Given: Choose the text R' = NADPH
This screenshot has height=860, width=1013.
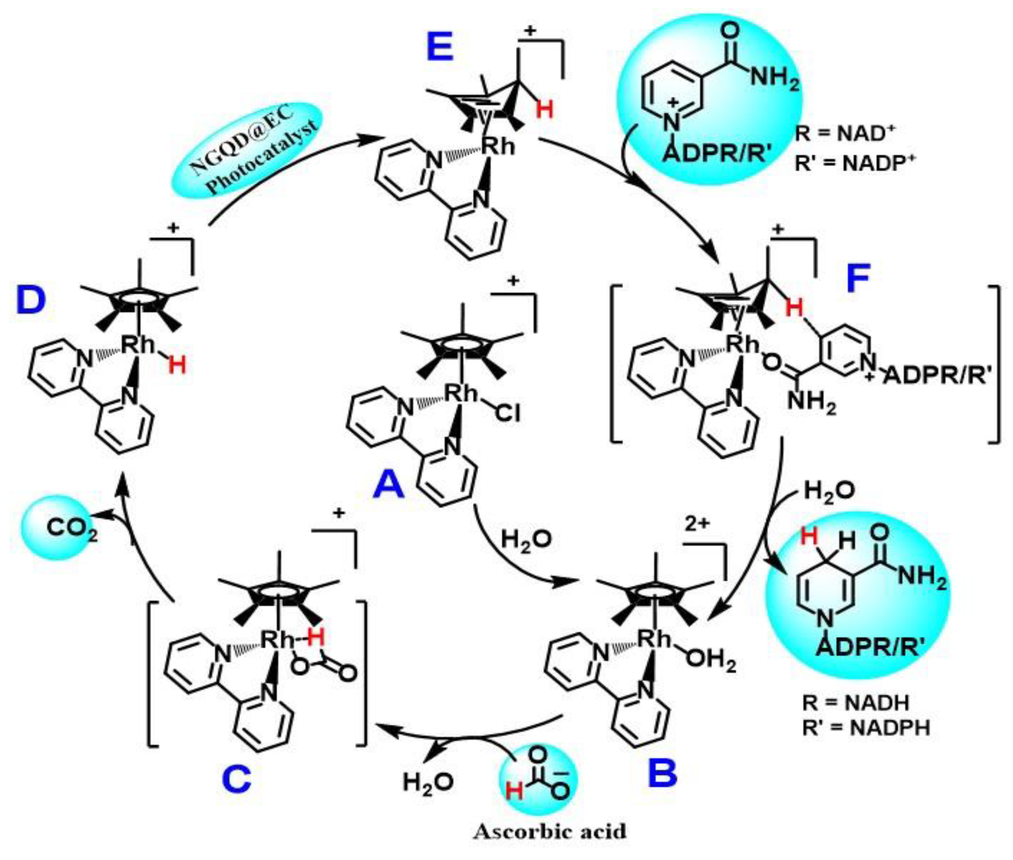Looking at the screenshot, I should pyautogui.click(x=866, y=728).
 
